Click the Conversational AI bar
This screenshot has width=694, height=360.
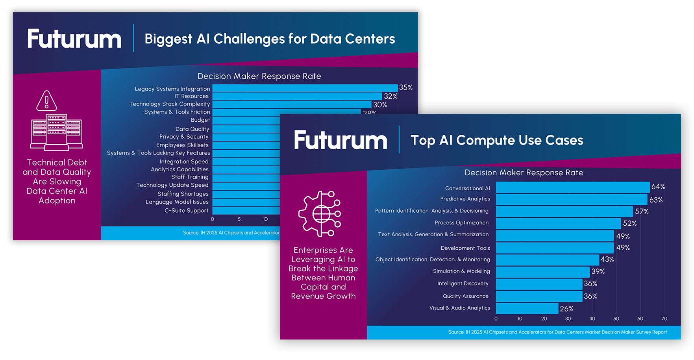point(572,187)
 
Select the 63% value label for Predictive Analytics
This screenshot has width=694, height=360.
point(656,200)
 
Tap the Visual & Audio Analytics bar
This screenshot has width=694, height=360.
point(527,308)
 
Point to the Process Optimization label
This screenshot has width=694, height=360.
point(461,223)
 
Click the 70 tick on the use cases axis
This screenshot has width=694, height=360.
point(664,319)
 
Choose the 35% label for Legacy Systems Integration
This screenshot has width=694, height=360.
point(405,87)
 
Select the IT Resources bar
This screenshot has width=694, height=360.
point(297,96)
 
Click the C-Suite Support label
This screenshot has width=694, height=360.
point(186,211)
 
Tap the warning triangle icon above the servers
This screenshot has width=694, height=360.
point(46,101)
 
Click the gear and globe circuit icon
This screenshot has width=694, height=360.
point(320,214)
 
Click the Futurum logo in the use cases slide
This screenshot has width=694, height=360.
point(341,140)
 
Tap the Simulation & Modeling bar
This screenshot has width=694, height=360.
point(543,272)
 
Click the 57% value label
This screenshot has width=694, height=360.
point(642,212)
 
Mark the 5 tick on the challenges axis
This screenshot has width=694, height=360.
point(239,219)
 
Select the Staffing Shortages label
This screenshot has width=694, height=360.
point(183,194)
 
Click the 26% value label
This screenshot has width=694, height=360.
point(566,309)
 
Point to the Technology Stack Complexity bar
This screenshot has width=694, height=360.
point(292,104)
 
